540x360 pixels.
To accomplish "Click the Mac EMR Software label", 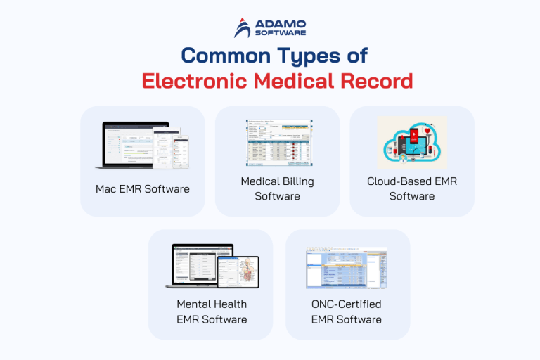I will [x=143, y=189].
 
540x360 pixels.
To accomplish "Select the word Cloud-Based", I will [x=397, y=181].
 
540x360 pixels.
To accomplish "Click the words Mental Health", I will [x=211, y=304].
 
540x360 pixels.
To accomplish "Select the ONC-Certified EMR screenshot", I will [x=347, y=267].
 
